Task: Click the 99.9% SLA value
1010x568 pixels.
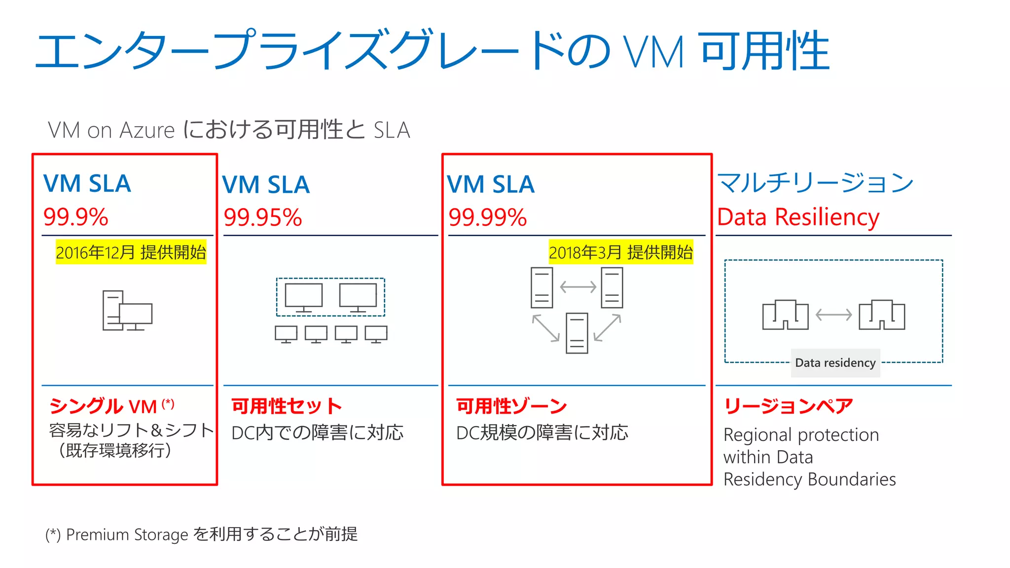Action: tap(75, 217)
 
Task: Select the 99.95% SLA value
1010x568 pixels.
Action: tap(262, 217)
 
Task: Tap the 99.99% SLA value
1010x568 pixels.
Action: tap(487, 217)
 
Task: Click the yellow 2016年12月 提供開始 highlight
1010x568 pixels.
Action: tap(131, 252)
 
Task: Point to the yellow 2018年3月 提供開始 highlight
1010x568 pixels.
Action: tap(620, 252)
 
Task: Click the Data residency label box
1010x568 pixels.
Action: tap(835, 363)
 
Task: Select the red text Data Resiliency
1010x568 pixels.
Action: tap(797, 217)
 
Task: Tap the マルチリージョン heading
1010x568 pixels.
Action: tap(815, 182)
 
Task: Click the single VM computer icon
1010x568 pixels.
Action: tap(127, 311)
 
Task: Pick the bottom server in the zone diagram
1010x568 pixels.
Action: tap(577, 333)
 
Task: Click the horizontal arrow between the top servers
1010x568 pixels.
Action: tap(578, 287)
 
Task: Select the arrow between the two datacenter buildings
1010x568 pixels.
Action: tap(833, 315)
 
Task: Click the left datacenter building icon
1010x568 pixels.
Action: tap(785, 315)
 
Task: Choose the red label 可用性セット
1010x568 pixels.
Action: tap(286, 406)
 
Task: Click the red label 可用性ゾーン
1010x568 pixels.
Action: tap(511, 406)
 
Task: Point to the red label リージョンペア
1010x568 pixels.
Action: tap(788, 406)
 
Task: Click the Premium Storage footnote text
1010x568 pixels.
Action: tap(201, 534)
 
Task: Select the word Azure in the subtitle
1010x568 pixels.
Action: tap(147, 131)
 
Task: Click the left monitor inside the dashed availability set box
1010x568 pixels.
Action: tap(304, 297)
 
